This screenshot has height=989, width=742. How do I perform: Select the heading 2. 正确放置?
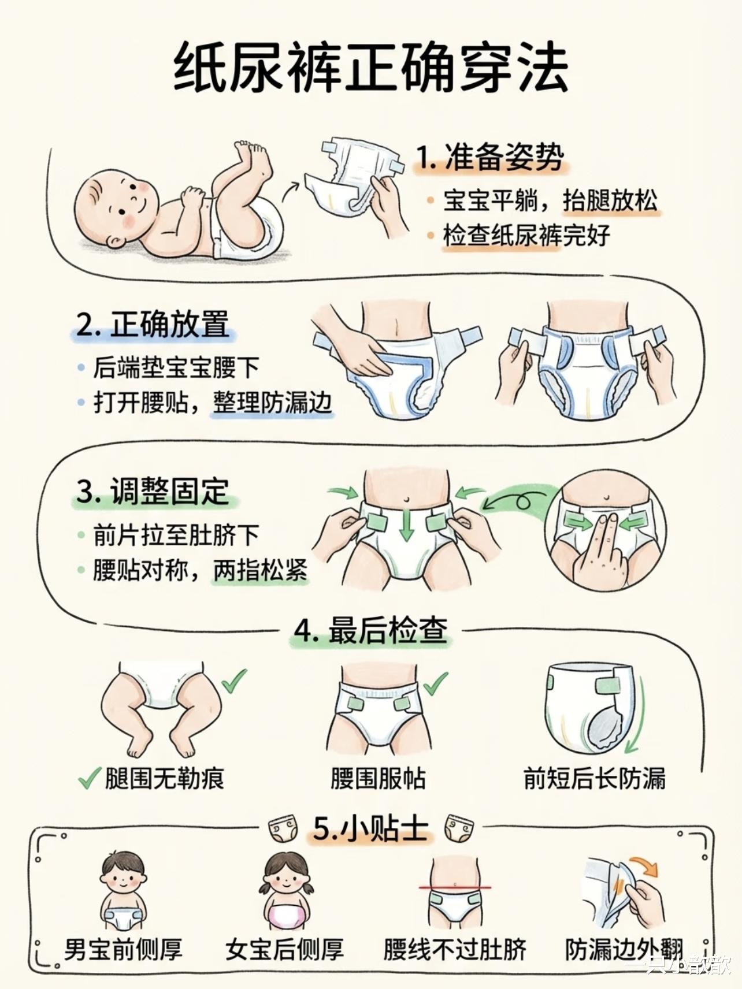click(153, 324)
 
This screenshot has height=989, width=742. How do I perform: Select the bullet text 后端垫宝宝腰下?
click(177, 367)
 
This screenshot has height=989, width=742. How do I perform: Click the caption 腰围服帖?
click(378, 778)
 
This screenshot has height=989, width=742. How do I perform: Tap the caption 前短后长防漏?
click(595, 778)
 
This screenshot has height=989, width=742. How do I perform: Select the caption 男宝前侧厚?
click(123, 950)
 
